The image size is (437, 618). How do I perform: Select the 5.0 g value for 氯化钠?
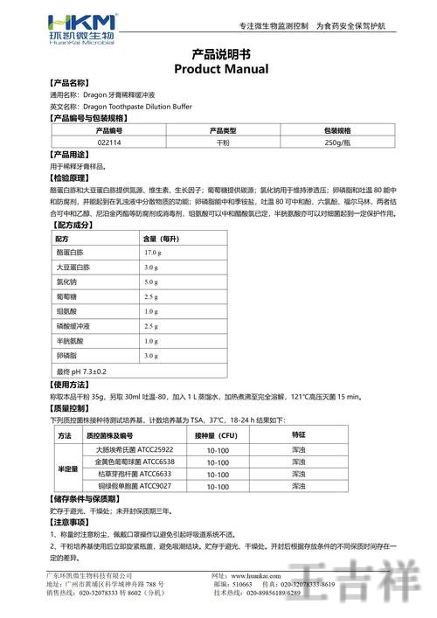(x=150, y=282)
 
